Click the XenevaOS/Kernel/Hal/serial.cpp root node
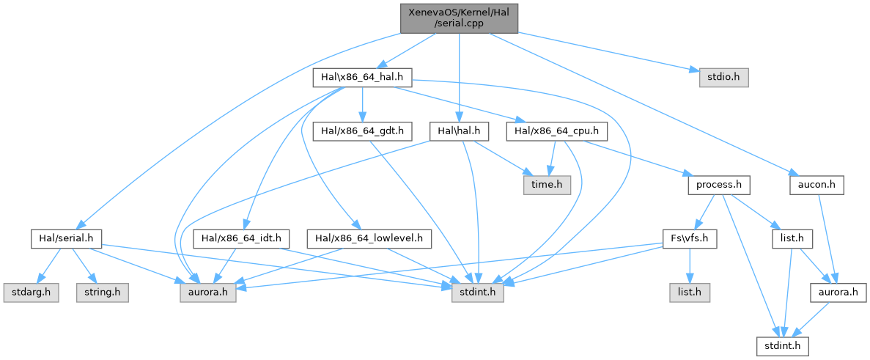[460, 17]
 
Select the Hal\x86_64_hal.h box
[362, 76]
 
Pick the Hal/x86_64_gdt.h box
[362, 131]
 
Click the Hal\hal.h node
[459, 131]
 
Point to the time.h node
[545, 185]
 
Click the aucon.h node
[816, 185]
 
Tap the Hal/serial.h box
[66, 238]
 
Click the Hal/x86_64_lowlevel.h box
[372, 238]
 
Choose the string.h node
[102, 293]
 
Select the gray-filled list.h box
[690, 293]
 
